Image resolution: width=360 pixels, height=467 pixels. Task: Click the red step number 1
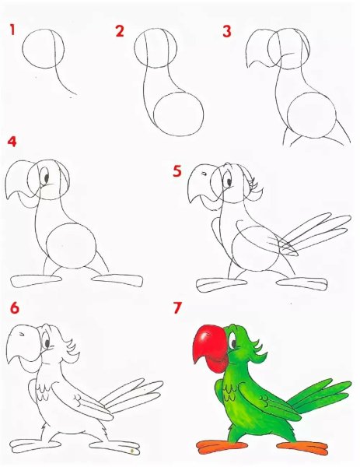click(12, 30)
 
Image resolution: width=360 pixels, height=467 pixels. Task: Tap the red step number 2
click(120, 31)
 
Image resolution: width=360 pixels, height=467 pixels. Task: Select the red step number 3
click(227, 32)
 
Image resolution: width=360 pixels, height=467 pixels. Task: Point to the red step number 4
click(12, 142)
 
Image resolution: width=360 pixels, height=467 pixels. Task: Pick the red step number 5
click(177, 171)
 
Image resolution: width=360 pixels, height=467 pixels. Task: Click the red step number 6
click(15, 307)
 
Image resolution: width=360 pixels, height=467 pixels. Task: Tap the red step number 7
click(177, 308)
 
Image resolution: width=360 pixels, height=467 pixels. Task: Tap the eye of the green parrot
click(232, 342)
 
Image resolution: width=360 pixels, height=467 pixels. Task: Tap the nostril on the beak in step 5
click(204, 174)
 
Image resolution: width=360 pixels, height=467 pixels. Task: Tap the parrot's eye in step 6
click(47, 341)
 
